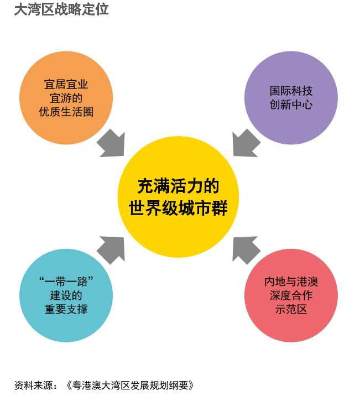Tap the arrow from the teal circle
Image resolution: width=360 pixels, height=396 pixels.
(x=112, y=248)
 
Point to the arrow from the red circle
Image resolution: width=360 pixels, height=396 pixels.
(x=245, y=248)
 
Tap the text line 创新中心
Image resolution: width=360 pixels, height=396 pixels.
(x=291, y=105)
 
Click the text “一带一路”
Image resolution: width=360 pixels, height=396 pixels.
(x=66, y=281)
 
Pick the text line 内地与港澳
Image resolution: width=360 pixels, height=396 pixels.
(x=291, y=282)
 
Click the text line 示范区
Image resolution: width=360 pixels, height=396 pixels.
(x=291, y=309)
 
